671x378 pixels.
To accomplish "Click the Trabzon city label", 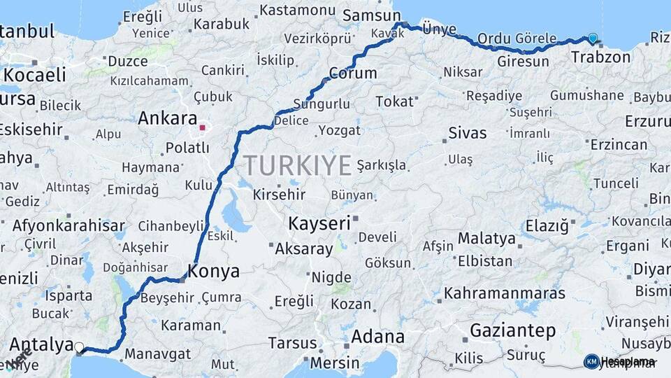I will point(600,57).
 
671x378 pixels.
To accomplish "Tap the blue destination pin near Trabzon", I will point(593,38).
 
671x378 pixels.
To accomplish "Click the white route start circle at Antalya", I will point(79,347).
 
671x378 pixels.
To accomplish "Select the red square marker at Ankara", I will point(202,128).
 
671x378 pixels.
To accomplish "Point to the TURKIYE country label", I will point(297,166).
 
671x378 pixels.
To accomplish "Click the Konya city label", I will point(214,272).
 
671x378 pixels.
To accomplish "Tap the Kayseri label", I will point(319,224).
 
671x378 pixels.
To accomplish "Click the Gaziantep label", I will point(512,330).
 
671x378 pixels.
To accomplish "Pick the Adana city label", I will point(377,337).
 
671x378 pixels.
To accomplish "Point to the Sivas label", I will point(467,133).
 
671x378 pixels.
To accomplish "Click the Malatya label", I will point(486,239).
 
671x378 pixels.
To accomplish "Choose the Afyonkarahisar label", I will point(68,226).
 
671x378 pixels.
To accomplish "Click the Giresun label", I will point(504,62).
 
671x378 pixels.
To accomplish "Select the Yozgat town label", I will point(339,130).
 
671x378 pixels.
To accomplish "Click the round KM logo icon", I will point(591,361).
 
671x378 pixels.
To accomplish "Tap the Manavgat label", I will point(157,354).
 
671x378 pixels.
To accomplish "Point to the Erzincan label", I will point(619,145).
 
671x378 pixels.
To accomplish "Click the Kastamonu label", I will point(298,10).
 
